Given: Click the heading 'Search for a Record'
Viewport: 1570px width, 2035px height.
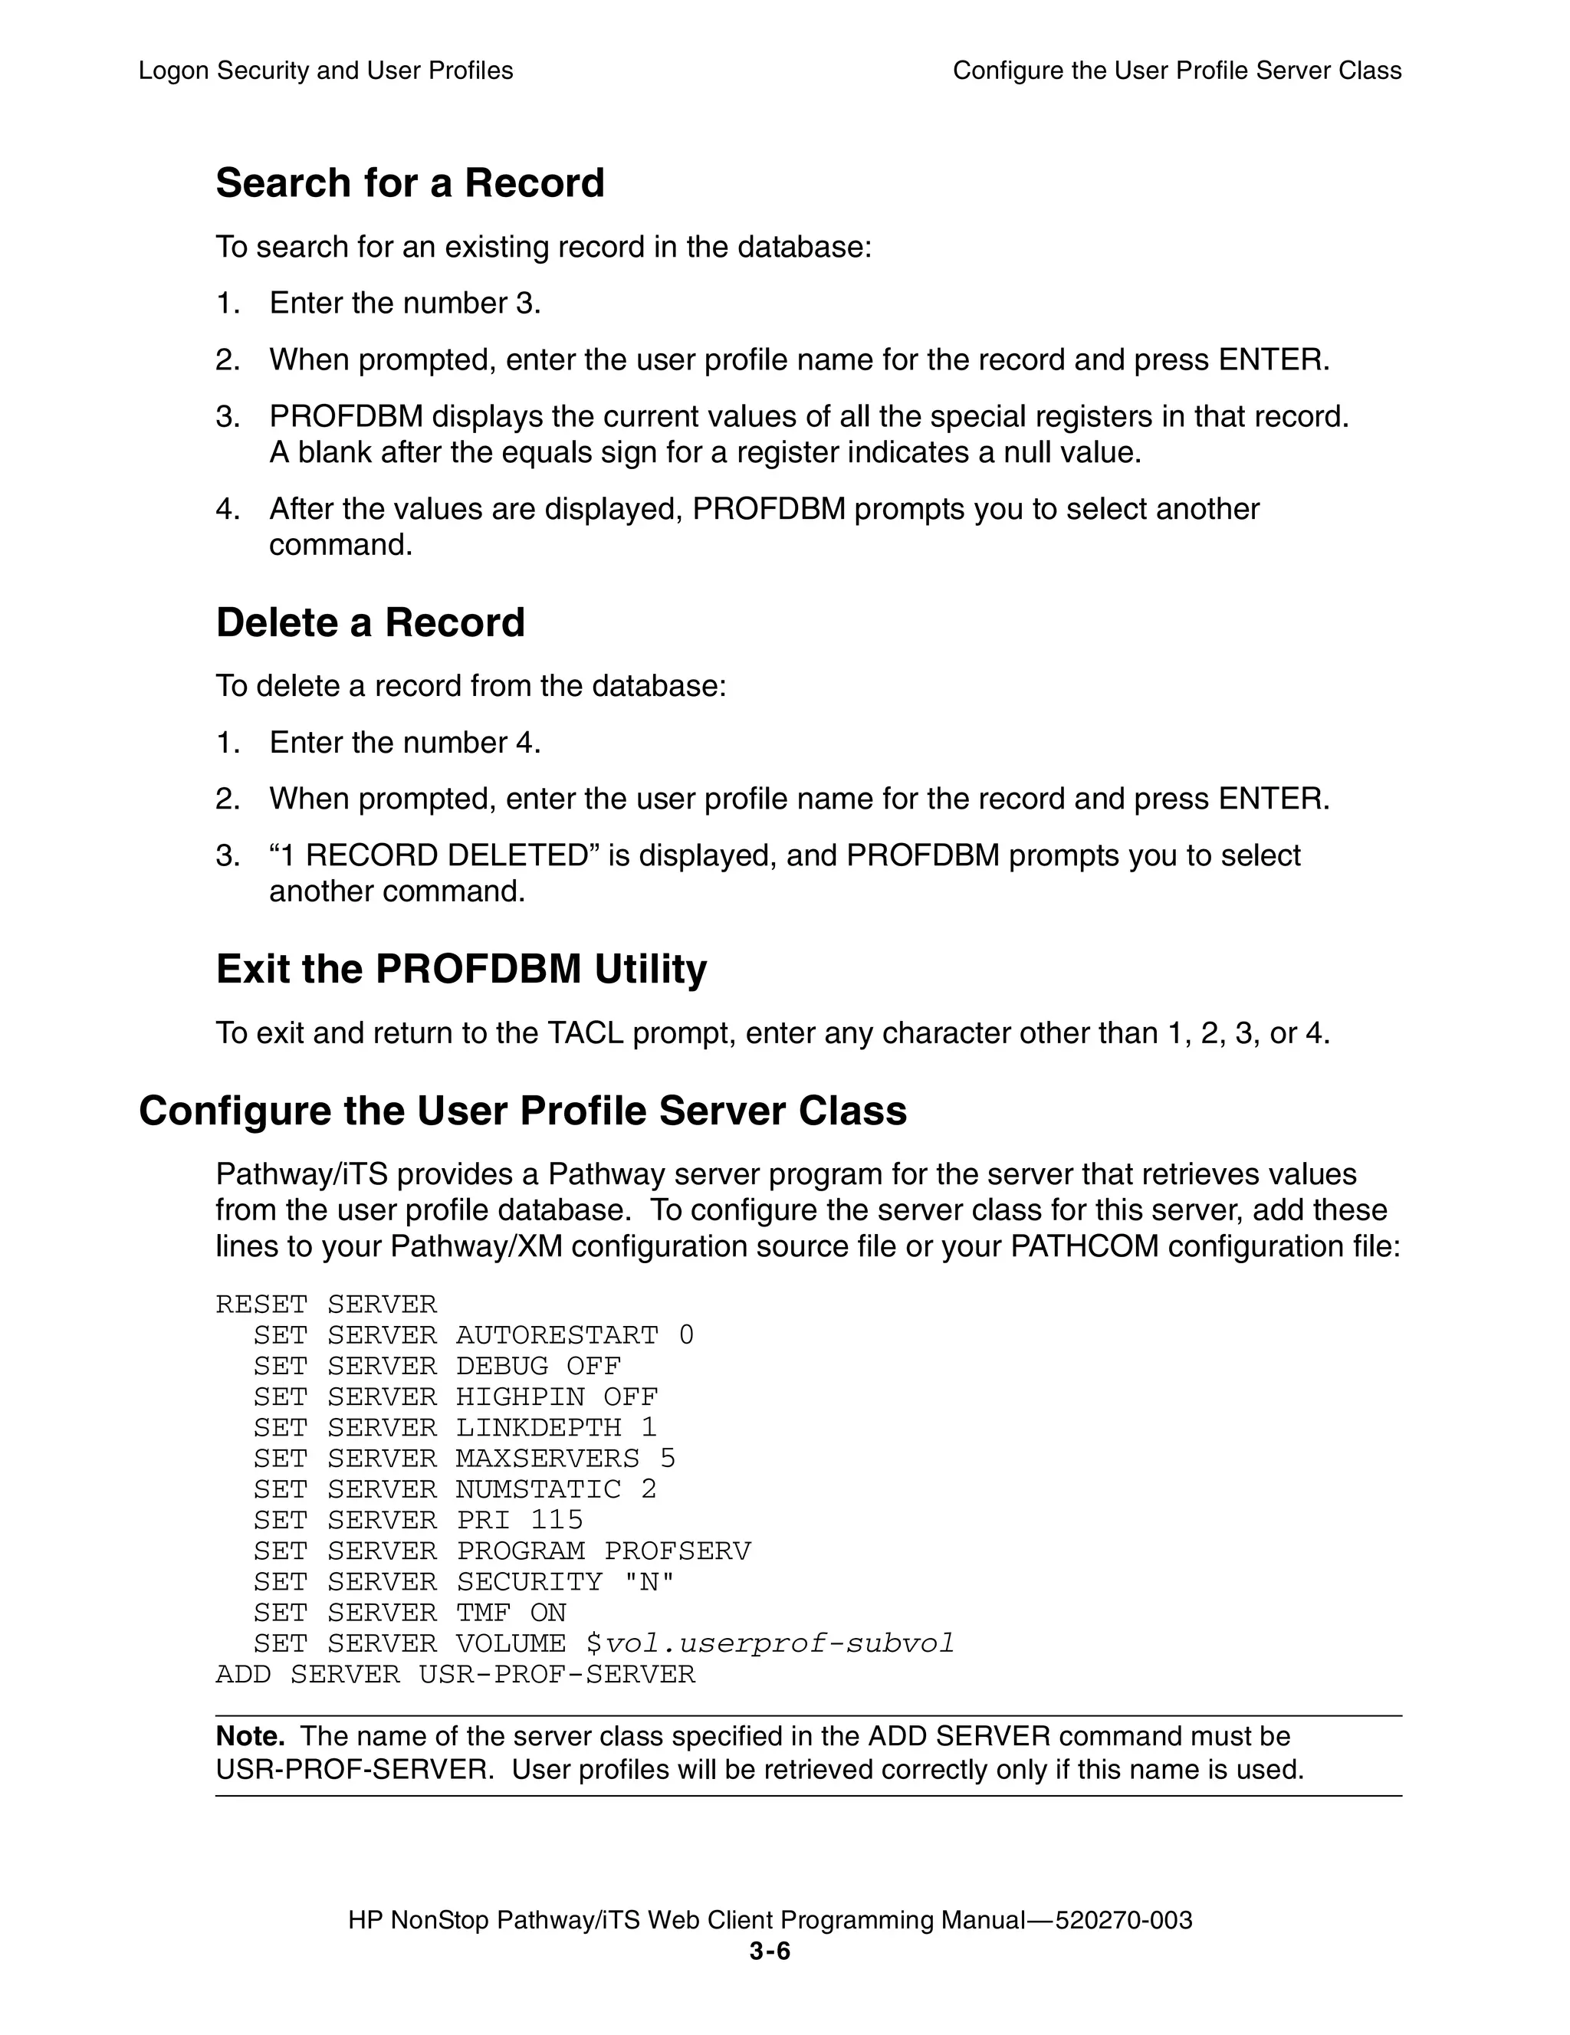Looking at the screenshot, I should [410, 182].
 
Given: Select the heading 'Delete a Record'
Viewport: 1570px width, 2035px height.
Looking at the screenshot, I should [370, 622].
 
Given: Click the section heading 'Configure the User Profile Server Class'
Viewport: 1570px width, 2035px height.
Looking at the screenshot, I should [522, 1111].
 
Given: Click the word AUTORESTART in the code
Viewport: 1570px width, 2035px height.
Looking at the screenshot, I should [557, 1335].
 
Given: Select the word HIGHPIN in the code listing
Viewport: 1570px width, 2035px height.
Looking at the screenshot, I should [520, 1397].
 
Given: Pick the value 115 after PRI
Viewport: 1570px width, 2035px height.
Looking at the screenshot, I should [557, 1520].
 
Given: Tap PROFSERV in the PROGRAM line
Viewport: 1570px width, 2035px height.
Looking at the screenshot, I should [678, 1551].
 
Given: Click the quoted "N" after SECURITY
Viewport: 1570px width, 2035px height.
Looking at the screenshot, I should [649, 1581].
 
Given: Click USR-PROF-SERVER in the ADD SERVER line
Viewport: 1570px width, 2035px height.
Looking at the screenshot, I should [557, 1675].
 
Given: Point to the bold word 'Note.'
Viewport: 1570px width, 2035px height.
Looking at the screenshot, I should [250, 1736].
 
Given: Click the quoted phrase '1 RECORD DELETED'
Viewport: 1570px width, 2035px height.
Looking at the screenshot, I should [435, 855].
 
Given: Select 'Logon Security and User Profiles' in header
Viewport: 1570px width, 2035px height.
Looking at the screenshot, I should [325, 71].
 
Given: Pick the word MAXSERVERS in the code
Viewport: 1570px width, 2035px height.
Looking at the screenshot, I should [547, 1459].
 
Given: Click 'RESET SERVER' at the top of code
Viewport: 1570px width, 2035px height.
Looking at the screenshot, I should [326, 1305].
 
